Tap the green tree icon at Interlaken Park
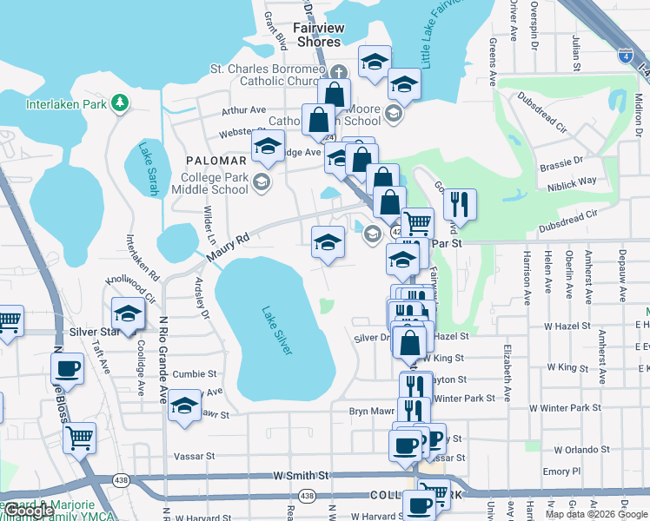point(120,104)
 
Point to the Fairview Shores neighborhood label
point(319,35)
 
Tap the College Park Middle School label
point(215,183)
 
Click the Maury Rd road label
point(228,247)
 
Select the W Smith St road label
point(301,476)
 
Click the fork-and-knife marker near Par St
point(460,204)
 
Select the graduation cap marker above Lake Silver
point(328,241)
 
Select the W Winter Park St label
point(566,407)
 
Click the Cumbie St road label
point(195,374)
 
